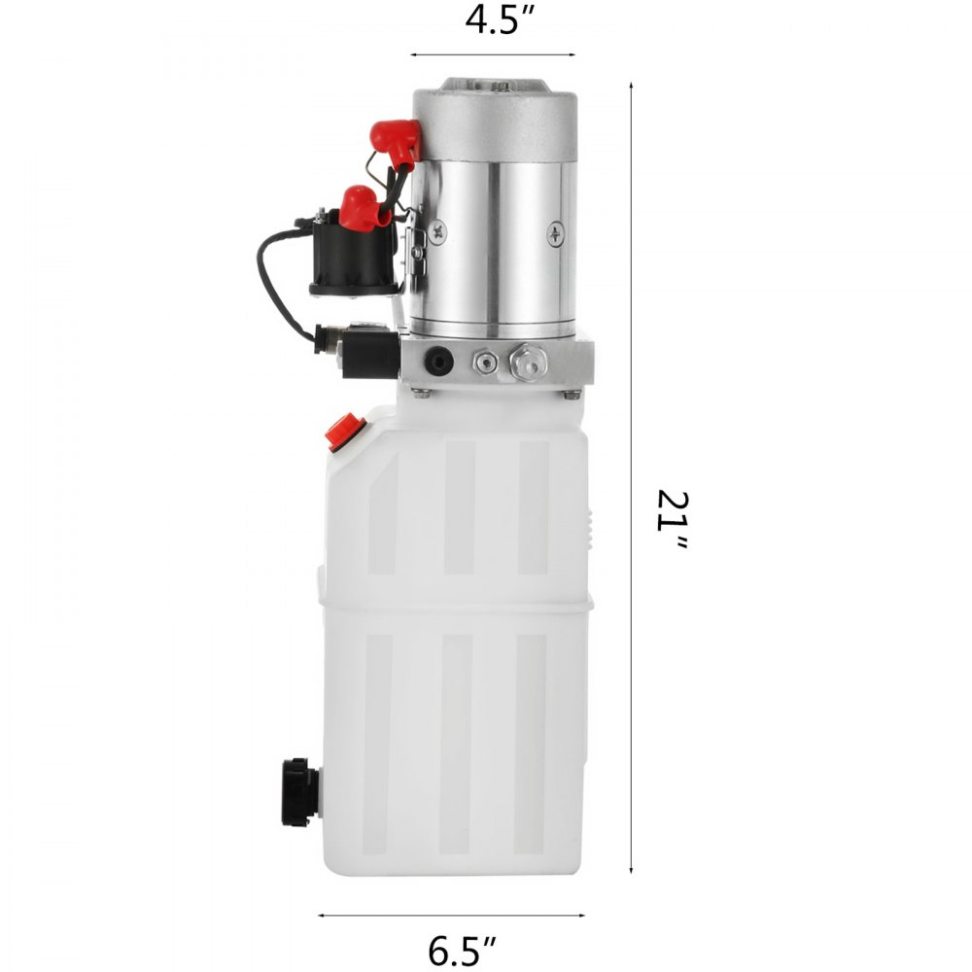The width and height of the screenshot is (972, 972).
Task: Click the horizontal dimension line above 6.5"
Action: pyautogui.click(x=451, y=915)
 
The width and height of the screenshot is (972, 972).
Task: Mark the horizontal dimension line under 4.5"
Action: pyautogui.click(x=492, y=55)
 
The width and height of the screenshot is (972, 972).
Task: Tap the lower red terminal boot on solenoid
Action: pyautogui.click(x=360, y=207)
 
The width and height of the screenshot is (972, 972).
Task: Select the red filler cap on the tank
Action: pyautogui.click(x=345, y=432)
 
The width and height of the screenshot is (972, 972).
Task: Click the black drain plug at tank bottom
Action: pyautogui.click(x=299, y=792)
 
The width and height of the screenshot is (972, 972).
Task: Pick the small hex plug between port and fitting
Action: pyautogui.click(x=485, y=362)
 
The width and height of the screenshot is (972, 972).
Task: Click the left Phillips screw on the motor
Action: pyautogui.click(x=440, y=230)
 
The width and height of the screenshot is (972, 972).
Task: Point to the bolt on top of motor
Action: pyautogui.click(x=501, y=87)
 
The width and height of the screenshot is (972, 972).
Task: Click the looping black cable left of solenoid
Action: pyautogui.click(x=277, y=282)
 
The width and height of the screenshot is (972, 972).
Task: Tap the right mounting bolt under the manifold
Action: pyautogui.click(x=572, y=394)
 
